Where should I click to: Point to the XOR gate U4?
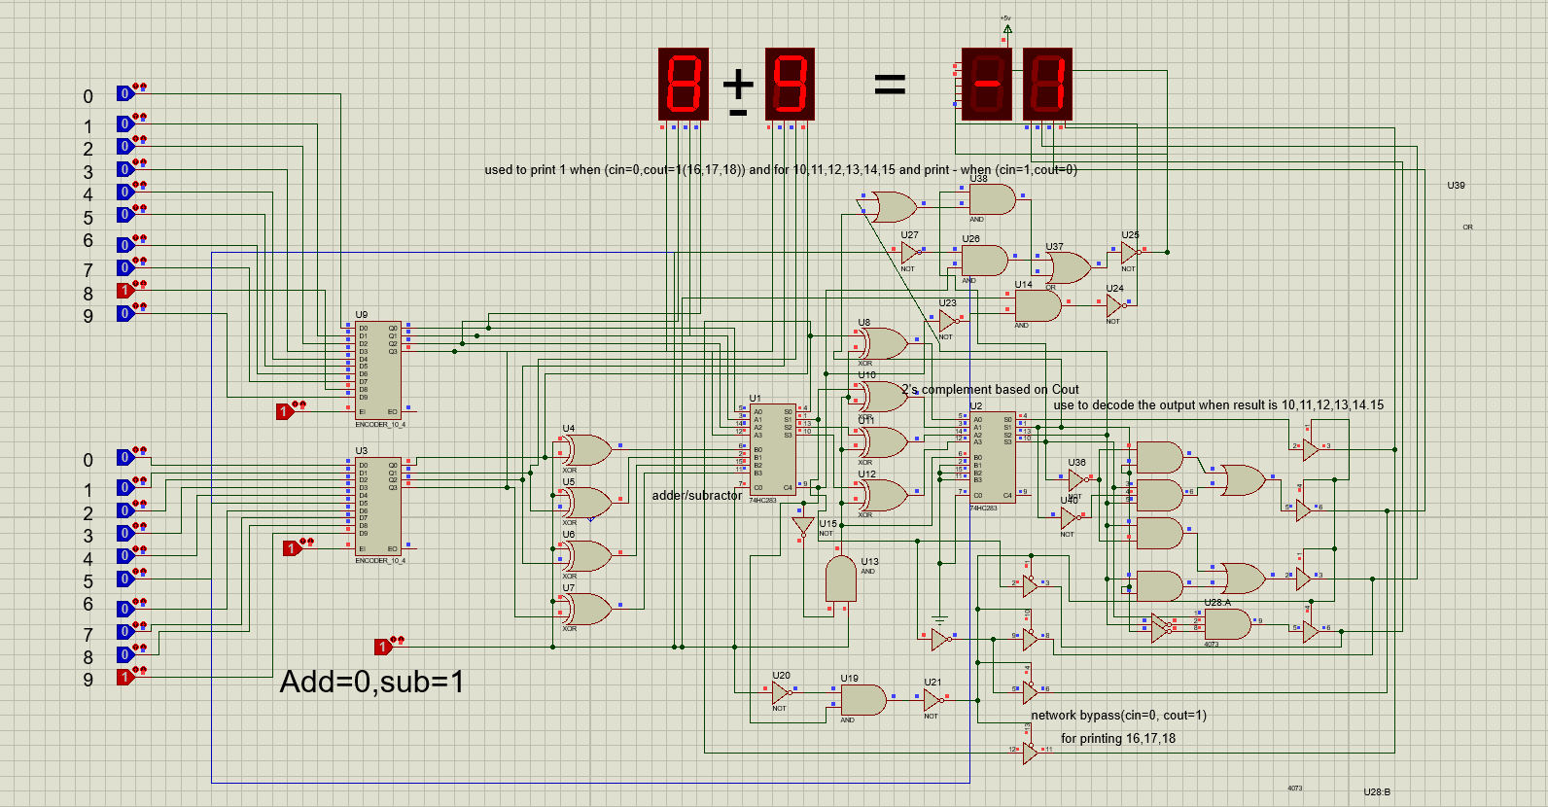point(586,450)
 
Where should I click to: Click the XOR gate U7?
point(586,609)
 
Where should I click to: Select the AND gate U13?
point(841,579)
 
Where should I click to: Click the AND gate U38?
point(991,199)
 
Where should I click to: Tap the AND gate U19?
point(862,700)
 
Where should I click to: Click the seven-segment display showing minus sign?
point(986,85)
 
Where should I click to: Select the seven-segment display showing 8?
point(684,85)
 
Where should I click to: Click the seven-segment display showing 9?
point(790,85)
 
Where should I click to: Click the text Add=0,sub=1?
point(371,682)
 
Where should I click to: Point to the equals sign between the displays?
point(890,85)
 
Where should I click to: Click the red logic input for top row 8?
point(124,291)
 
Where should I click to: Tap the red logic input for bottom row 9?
point(124,678)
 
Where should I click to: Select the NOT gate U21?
point(932,699)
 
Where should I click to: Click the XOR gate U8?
point(882,343)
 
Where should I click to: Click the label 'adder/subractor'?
point(696,496)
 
